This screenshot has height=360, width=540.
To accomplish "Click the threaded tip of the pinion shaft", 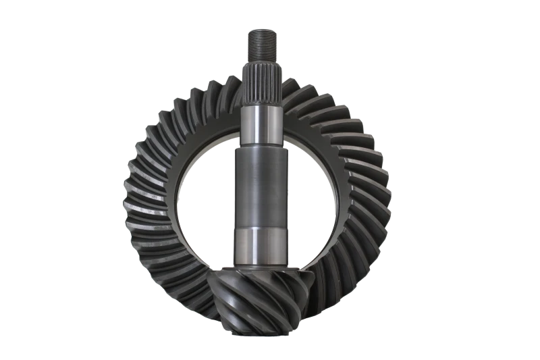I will pos(260,43).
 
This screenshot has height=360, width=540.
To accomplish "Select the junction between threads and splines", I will pos(260,63).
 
